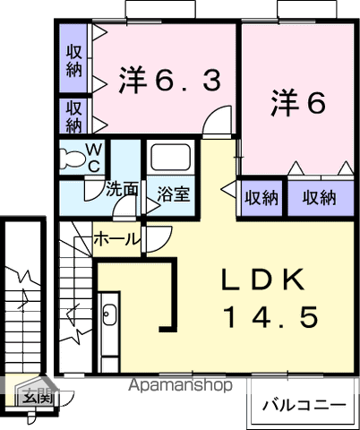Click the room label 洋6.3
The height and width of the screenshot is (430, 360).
click(x=168, y=82)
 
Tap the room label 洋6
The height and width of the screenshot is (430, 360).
click(x=297, y=103)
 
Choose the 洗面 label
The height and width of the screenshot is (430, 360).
click(x=121, y=189)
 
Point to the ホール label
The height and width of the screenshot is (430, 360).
click(x=116, y=239)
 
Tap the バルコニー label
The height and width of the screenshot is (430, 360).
click(x=303, y=405)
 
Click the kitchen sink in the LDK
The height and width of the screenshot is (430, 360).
click(x=109, y=315)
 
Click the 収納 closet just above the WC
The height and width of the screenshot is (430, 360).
click(x=74, y=115)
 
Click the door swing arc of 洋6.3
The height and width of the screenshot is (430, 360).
click(x=215, y=123)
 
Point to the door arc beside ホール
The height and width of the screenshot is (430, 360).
click(x=158, y=238)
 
